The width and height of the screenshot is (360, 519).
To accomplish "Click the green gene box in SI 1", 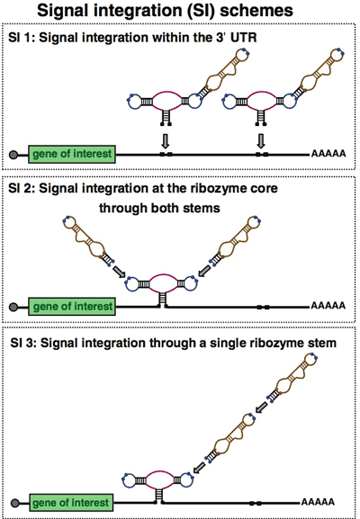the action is click(x=72, y=154).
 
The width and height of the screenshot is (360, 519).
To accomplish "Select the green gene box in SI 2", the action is click(x=72, y=306).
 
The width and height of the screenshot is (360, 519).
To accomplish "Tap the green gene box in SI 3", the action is click(x=71, y=503).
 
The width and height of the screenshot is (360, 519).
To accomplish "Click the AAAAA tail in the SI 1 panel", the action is click(x=328, y=154).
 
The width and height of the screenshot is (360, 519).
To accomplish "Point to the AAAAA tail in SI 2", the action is click(x=328, y=306).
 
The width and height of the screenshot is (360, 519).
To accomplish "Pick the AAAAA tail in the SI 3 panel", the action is click(x=318, y=502).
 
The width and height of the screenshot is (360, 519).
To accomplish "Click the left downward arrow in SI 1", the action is click(x=166, y=141).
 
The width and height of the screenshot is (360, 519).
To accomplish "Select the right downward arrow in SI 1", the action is click(x=261, y=141).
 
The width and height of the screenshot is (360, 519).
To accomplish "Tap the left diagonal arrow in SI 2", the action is click(x=119, y=272).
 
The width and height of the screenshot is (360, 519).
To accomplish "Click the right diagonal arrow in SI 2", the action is click(x=204, y=271).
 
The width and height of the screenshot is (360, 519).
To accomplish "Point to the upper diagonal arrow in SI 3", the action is click(x=262, y=407).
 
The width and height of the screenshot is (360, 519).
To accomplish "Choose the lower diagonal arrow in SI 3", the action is click(x=199, y=468).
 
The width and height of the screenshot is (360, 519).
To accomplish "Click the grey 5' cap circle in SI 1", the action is click(x=13, y=155).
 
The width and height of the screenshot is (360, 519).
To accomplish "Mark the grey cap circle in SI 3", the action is click(x=15, y=504).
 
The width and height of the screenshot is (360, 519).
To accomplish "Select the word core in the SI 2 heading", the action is click(x=264, y=189).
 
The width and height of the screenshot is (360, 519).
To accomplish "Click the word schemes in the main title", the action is click(x=256, y=10).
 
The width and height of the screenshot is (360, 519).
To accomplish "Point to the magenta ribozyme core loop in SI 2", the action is click(x=164, y=274).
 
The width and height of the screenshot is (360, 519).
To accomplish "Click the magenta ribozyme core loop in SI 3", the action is click(x=160, y=471).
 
